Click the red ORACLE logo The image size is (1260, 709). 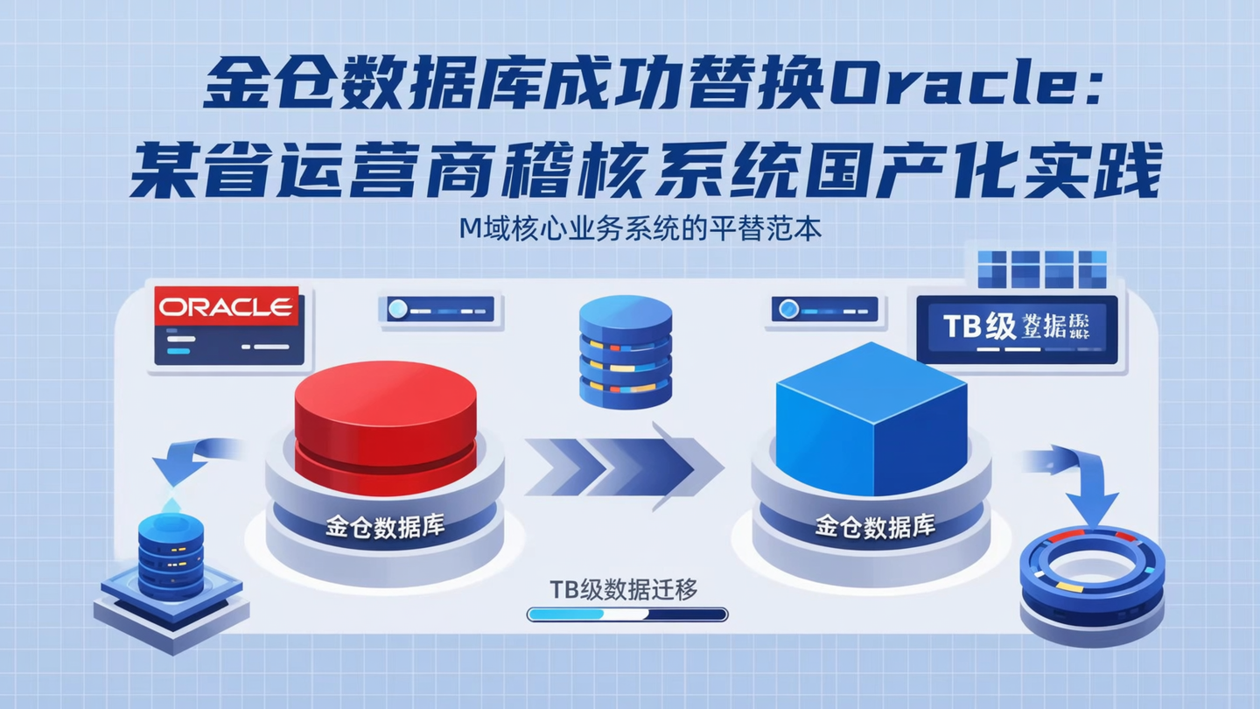[227, 307]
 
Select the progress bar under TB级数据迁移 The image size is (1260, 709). [627, 614]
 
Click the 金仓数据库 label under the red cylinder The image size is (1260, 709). [385, 527]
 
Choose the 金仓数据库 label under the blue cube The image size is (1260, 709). [874, 526]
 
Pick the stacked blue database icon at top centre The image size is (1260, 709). [626, 350]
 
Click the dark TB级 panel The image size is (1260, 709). [1017, 328]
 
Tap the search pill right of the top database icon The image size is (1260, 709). [824, 309]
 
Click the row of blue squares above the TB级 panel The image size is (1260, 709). [1041, 269]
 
